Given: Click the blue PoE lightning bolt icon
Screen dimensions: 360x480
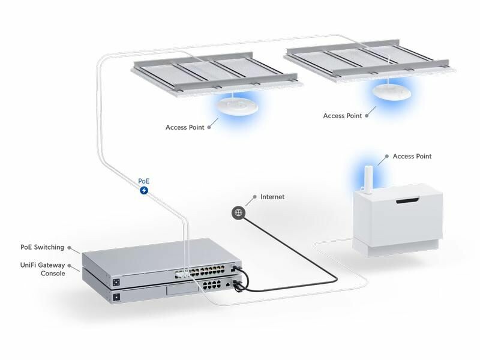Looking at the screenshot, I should pyautogui.click(x=144, y=190).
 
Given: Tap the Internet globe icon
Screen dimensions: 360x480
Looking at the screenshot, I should pyautogui.click(x=239, y=212).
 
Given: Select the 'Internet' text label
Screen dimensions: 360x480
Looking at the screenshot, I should pyautogui.click(x=272, y=197).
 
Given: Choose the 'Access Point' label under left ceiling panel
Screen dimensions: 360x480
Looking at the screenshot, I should pyautogui.click(x=185, y=127).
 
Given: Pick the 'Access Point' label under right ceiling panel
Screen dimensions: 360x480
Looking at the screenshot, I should pyautogui.click(x=343, y=116).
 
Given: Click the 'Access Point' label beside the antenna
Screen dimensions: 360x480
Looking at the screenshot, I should pyautogui.click(x=412, y=157).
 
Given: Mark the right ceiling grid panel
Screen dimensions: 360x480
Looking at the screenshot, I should pyautogui.click(x=366, y=57).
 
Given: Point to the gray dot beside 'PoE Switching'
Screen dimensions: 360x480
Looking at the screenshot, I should pyautogui.click(x=70, y=247).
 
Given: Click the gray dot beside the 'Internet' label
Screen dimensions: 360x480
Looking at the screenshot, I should pyautogui.click(x=255, y=197).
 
